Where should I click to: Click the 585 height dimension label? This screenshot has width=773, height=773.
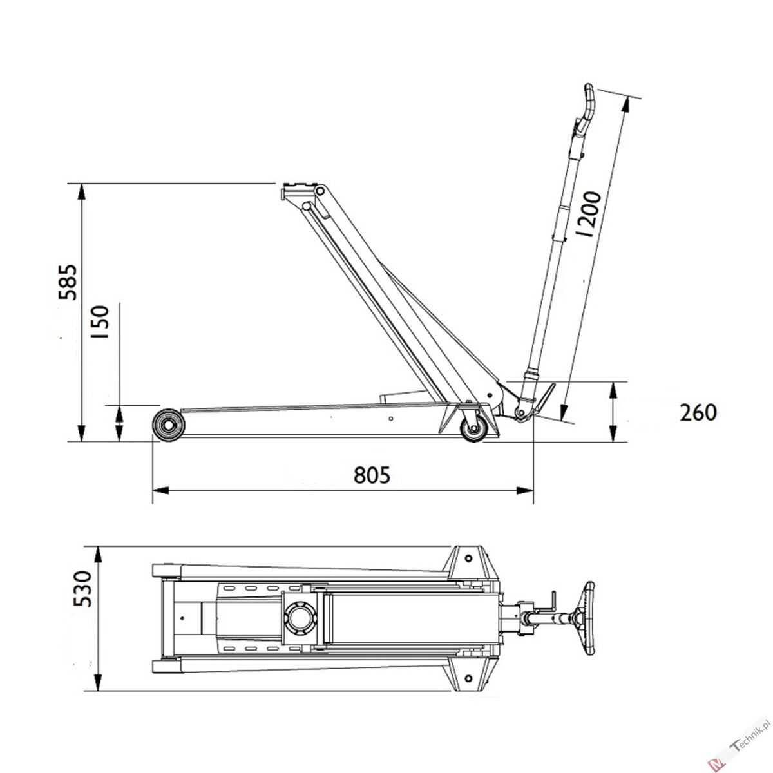point(68,282)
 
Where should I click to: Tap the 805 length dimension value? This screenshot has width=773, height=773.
point(372,475)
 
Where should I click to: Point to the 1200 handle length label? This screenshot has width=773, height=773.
point(589,215)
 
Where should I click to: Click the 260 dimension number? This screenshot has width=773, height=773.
point(698,413)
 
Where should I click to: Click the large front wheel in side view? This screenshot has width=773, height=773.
point(169,425)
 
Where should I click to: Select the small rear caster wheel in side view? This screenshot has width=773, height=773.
point(473,429)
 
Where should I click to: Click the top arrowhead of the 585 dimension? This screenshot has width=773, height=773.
point(81,192)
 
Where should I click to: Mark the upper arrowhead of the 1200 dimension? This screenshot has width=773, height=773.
point(625,105)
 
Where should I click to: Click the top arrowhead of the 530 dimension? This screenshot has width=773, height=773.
point(97,554)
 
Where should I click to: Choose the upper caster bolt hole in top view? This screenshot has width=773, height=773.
point(468,558)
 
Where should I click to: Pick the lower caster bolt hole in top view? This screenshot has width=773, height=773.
point(468,678)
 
